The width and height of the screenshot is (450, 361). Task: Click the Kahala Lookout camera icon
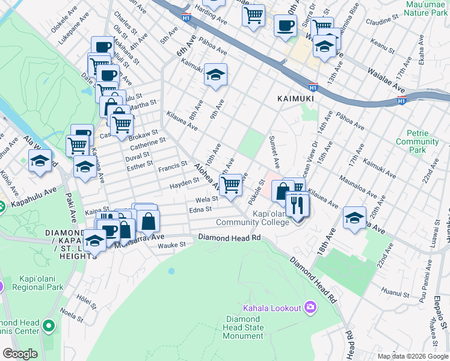(310, 307)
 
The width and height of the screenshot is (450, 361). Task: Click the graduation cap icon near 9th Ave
(215, 75)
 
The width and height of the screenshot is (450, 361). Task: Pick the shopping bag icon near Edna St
(148, 221)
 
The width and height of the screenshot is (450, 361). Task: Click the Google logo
(20, 354)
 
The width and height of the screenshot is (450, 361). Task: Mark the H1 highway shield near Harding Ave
(186, 17)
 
